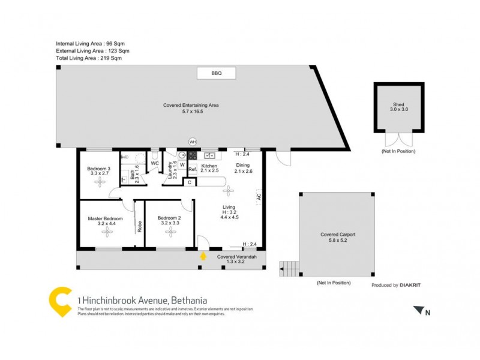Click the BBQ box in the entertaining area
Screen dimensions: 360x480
click(x=216, y=73)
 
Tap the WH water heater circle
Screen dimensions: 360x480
click(x=193, y=142)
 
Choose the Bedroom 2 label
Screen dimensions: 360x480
click(x=169, y=218)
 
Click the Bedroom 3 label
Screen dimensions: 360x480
click(x=98, y=169)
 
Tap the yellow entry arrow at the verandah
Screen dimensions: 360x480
click(x=203, y=256)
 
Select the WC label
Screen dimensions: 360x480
click(x=154, y=163)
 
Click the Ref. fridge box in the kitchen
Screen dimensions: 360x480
click(x=193, y=170)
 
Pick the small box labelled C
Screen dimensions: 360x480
click(x=190, y=182)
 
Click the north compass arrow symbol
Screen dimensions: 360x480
click(x=418, y=310)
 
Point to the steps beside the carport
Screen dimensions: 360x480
click(x=289, y=268)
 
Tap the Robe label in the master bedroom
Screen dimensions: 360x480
click(x=140, y=227)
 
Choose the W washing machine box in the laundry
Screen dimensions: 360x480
click(x=182, y=164)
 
